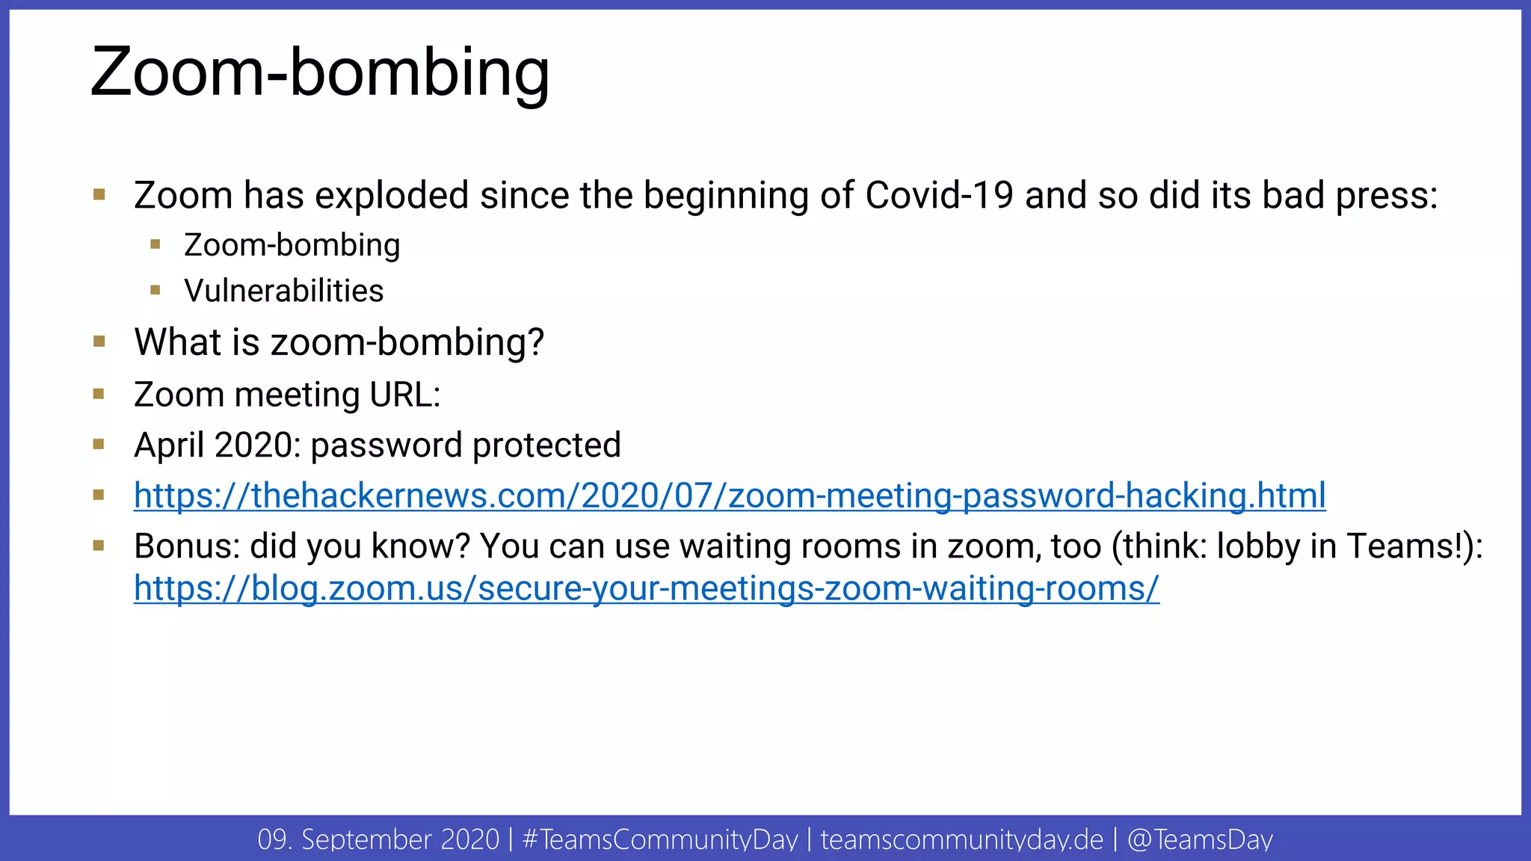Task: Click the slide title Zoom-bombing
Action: coord(320,73)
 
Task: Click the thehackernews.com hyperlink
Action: coord(730,496)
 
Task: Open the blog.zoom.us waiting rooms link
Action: coord(646,588)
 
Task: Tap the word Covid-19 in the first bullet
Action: coord(939,196)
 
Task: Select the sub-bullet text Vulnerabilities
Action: coord(284,291)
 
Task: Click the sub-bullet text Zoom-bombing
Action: coord(292,245)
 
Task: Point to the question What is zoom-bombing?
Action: coord(339,342)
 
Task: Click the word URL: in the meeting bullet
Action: coord(404,395)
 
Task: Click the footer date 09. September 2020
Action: coord(378,839)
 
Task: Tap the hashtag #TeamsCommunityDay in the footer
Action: coord(660,839)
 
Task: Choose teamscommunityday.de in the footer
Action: coord(961,839)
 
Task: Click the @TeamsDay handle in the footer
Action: coord(1199,839)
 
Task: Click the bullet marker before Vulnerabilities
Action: coord(155,290)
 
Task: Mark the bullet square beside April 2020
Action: coord(99,445)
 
